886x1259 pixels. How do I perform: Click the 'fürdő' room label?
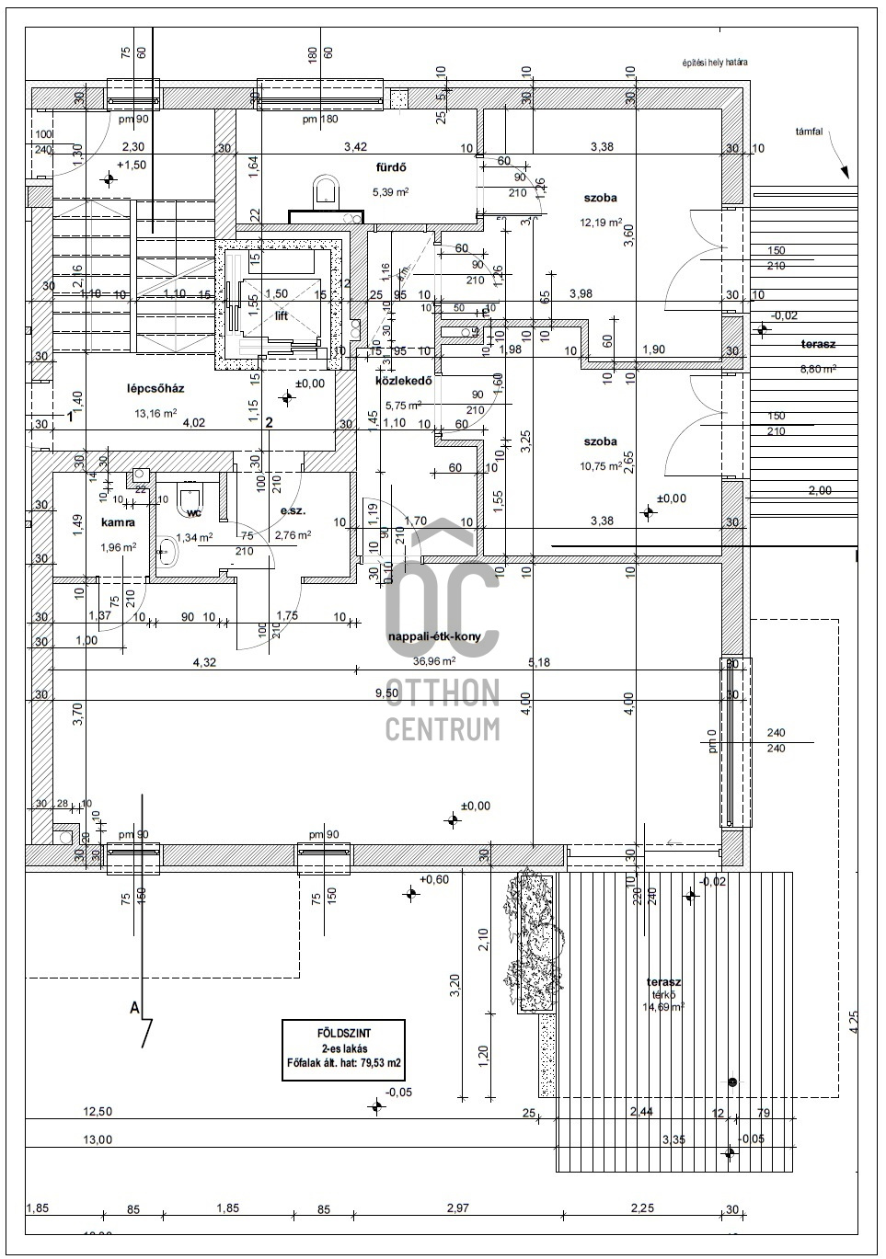390,167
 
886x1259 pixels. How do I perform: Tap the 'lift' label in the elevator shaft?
282,315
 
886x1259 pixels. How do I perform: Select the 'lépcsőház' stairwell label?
155,389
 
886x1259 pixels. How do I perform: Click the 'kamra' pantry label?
119,522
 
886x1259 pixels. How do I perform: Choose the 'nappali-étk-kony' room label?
434,636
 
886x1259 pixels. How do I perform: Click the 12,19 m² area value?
599,222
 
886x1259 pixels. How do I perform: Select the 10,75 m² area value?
599,466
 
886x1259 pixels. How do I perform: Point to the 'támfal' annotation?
809,132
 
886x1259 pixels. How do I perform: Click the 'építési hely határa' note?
714,63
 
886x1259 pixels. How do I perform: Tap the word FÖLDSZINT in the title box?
344,1032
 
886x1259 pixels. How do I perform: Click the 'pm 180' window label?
321,120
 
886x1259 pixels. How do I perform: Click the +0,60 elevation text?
433,880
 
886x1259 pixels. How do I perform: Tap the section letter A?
134,1008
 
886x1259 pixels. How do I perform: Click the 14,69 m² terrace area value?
663,1007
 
